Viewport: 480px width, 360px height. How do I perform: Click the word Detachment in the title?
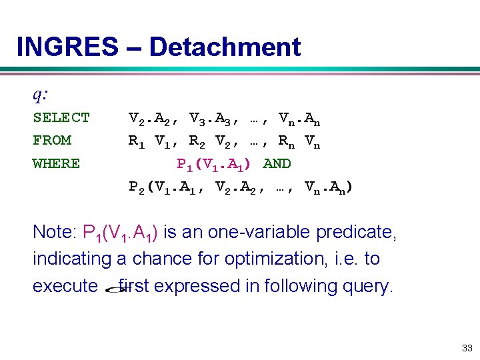tap(225, 47)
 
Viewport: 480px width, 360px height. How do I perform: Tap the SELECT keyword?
tap(61, 118)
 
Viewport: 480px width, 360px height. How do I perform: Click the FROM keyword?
tap(52, 141)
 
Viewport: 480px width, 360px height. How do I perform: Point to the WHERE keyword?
tap(56, 163)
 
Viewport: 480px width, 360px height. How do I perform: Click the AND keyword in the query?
tap(277, 163)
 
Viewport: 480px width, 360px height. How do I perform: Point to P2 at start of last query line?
tap(137, 187)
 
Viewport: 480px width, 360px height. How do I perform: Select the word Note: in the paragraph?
tap(55, 232)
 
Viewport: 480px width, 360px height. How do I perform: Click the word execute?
tap(65, 286)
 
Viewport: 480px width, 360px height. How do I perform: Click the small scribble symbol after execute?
tap(113, 287)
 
